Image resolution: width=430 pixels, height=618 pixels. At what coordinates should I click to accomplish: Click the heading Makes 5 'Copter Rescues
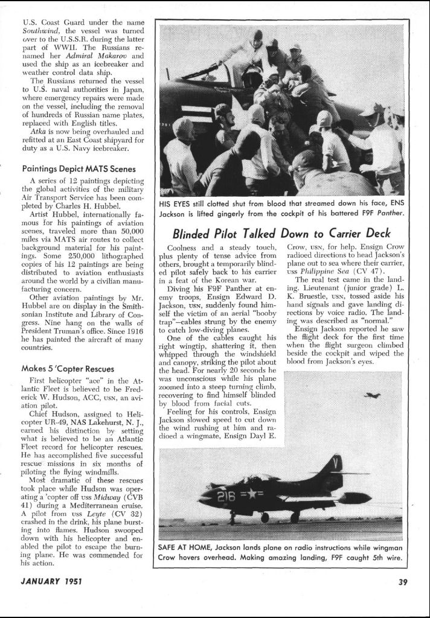tap(68, 368)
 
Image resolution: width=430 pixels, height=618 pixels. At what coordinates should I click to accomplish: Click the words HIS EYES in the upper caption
tap(176, 204)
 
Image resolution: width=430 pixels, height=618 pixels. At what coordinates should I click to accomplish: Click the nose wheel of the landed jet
tap(233, 518)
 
